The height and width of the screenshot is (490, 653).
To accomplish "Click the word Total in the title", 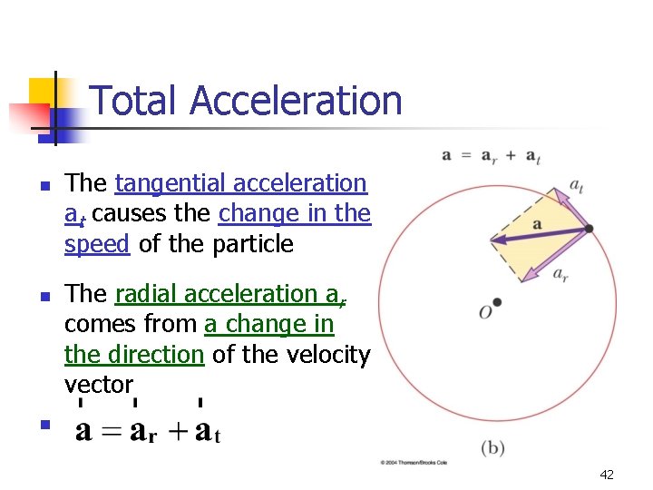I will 135,101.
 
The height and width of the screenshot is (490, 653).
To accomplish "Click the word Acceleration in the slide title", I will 296,101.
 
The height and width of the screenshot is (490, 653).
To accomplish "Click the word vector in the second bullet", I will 99,384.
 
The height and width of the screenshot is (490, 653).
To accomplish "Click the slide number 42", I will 607,475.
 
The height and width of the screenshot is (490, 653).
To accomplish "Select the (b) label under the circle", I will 492,447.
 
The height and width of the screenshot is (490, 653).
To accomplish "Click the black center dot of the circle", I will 496,302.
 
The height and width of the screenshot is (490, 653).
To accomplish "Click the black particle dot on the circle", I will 589,229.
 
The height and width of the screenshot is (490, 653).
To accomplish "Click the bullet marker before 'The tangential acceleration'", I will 44,184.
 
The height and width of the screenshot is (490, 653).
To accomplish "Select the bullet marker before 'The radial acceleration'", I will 44,296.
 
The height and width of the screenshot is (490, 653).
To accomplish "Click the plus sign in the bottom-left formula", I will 176,431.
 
